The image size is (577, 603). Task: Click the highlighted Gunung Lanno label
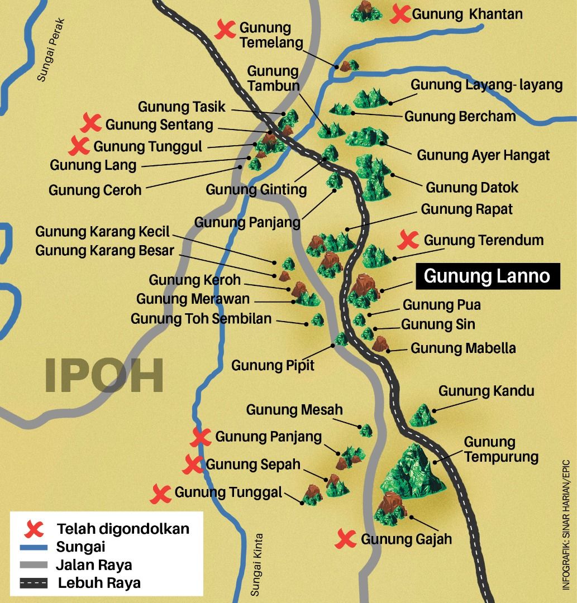(487, 276)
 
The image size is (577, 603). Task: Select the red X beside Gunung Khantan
(400, 14)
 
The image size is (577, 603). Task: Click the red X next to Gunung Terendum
(408, 241)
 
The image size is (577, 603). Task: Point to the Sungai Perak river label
(51, 51)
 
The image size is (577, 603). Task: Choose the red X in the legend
(36, 528)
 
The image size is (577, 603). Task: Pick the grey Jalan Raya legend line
(35, 565)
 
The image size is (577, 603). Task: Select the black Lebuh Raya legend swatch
(35, 583)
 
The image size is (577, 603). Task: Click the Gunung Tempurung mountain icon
(412, 472)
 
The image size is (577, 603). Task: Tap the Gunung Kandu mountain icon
(423, 415)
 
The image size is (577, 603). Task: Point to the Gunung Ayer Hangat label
(483, 155)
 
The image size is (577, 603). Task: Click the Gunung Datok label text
(472, 188)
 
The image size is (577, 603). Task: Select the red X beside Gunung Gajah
(346, 539)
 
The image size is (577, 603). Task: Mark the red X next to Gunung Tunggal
(161, 493)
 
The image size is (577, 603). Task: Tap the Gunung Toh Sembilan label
(201, 319)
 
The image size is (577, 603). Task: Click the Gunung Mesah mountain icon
(366, 430)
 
